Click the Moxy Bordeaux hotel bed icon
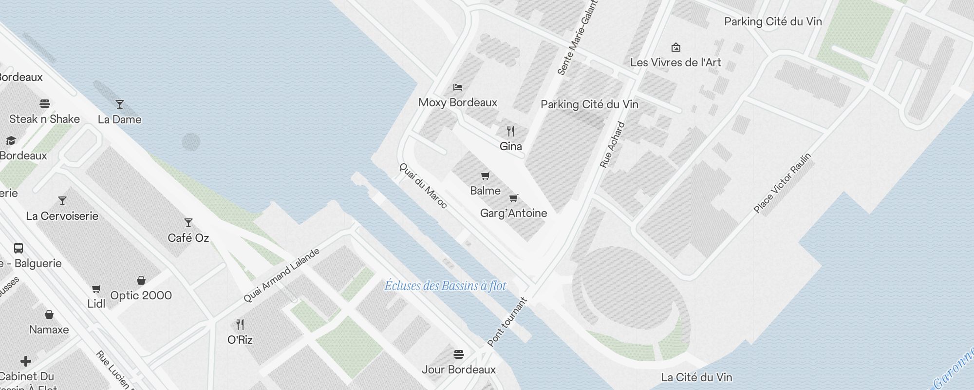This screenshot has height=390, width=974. tap(457, 87)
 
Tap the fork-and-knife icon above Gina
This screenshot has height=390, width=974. tap(510, 131)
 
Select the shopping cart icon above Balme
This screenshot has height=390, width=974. tap(485, 175)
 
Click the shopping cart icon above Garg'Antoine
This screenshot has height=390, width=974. tap(513, 198)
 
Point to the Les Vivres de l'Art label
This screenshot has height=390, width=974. tap(675, 62)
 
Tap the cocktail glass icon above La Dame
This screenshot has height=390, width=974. tap(119, 104)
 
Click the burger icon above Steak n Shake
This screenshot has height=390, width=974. tap(45, 104)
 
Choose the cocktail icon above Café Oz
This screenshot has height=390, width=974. tap(188, 223)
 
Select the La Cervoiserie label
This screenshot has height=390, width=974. tap(62, 216)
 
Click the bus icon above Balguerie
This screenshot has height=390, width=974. tap(19, 248)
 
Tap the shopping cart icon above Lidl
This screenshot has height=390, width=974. tap(96, 289)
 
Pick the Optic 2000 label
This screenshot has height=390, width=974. tap(141, 295)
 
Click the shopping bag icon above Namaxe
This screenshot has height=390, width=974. tap(49, 314)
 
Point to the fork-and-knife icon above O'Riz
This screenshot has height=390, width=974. tap(240, 325)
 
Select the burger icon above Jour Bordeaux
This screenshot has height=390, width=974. tap(458, 354)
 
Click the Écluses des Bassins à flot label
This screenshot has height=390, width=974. tap(445, 286)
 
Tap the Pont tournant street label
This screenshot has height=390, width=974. tap(507, 322)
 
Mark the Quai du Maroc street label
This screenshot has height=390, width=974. tap(423, 185)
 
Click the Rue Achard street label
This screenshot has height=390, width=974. tap(612, 145)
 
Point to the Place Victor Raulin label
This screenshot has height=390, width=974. tap(782, 183)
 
